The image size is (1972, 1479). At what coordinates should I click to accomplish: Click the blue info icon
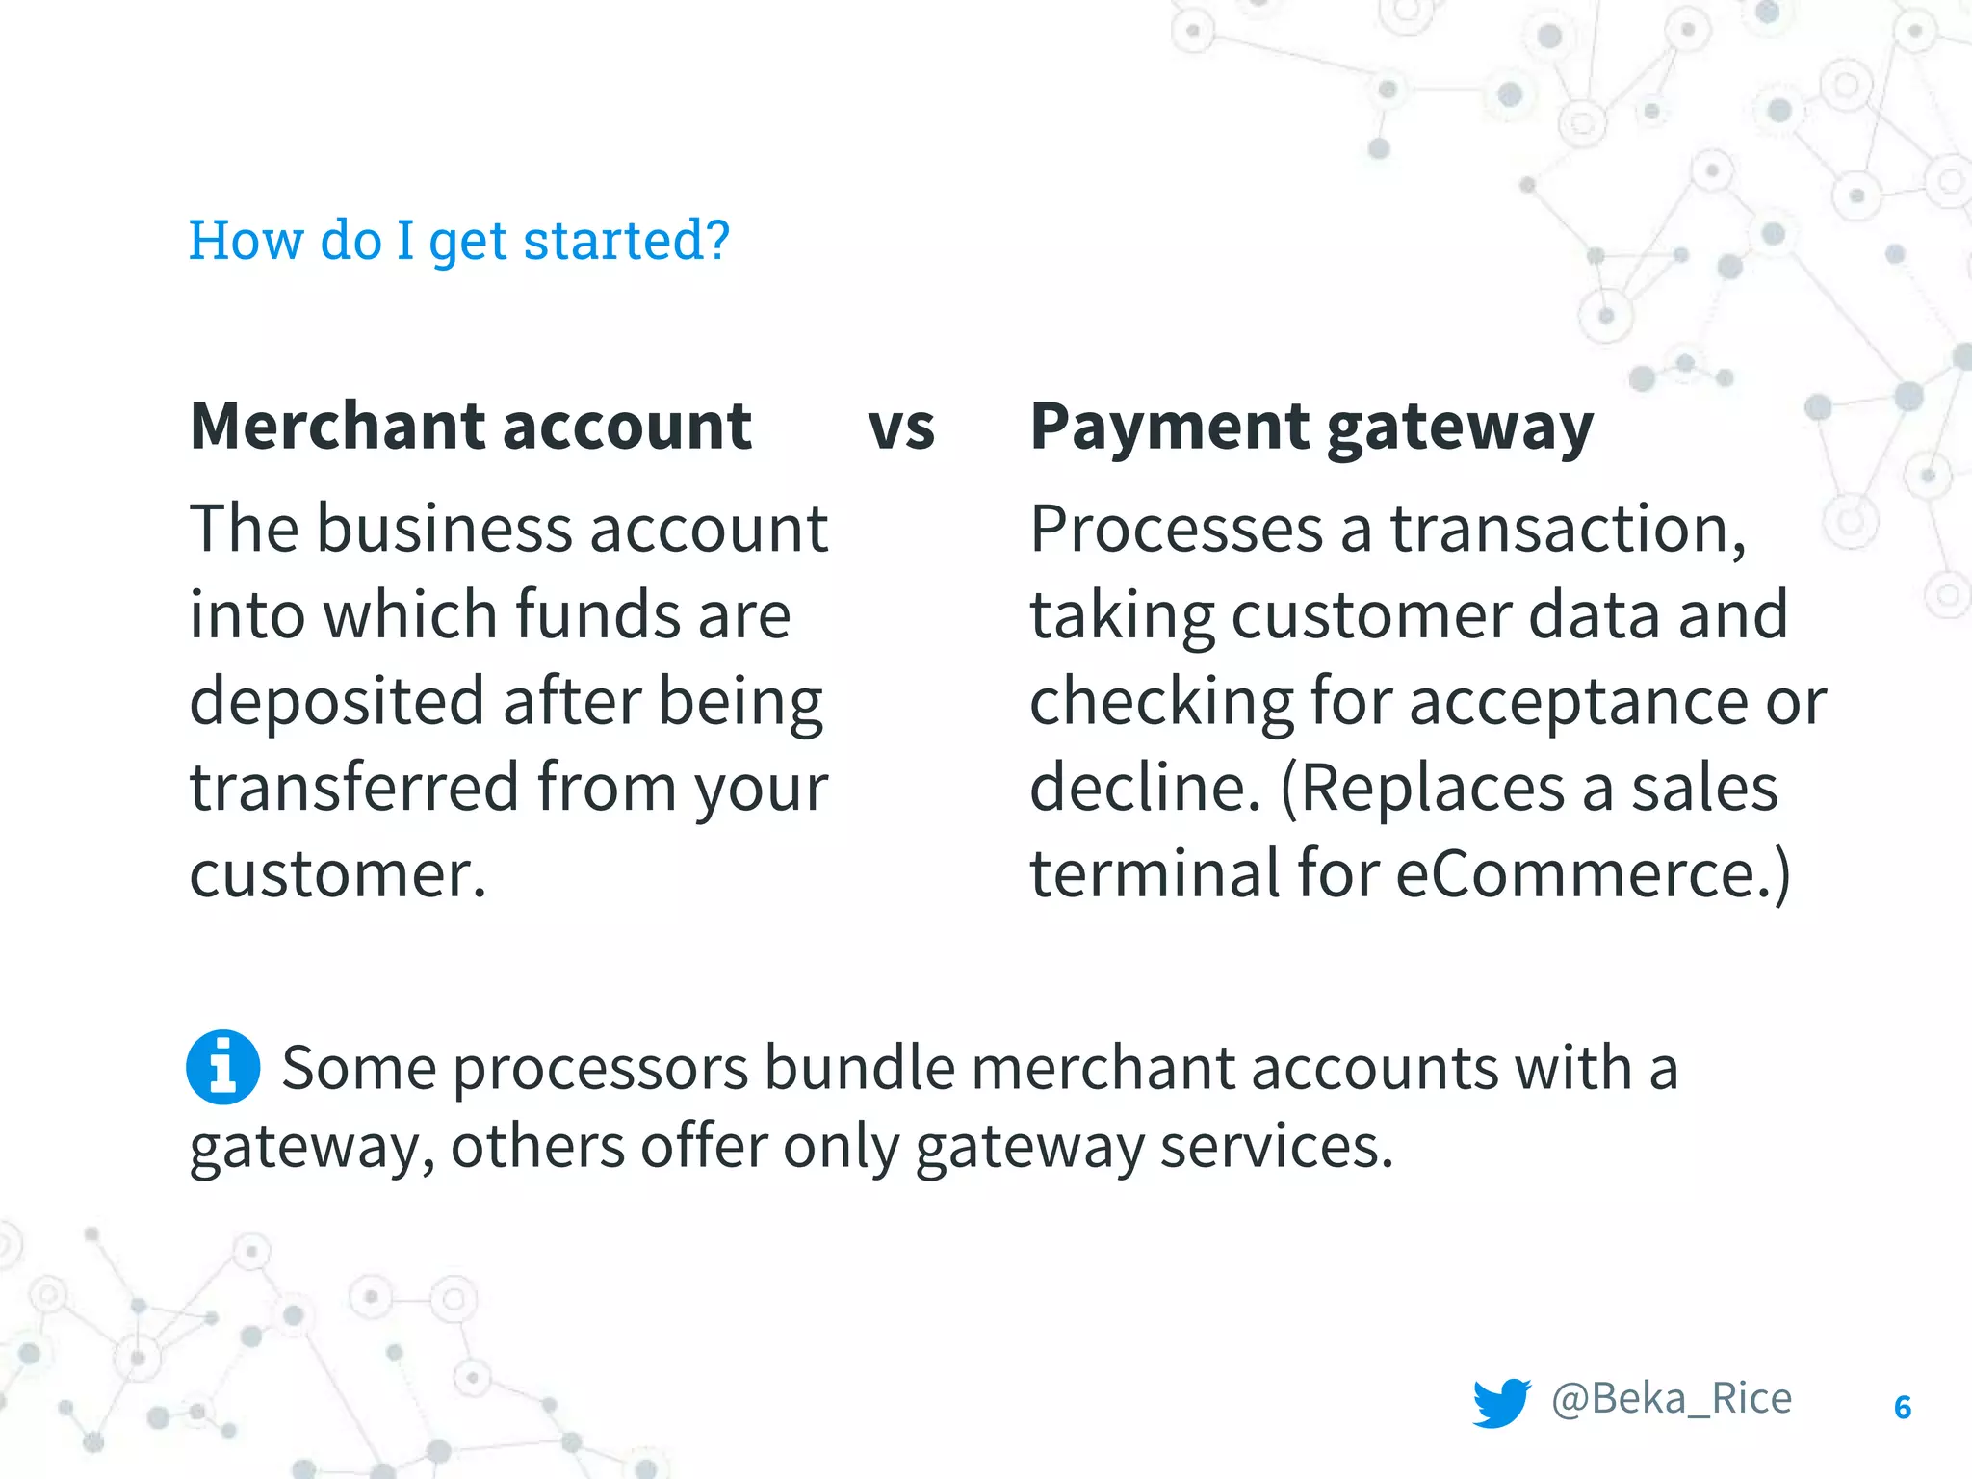222,1067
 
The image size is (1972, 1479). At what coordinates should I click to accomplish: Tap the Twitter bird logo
1501,1402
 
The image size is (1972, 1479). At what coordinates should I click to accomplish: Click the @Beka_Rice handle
1672,1398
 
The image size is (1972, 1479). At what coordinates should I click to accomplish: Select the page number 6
1903,1408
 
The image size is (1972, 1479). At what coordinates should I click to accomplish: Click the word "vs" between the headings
901,428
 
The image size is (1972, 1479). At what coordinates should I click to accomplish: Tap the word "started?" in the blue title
627,240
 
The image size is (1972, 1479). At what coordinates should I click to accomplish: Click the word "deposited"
336,701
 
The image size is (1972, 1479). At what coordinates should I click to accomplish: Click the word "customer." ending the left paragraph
338,874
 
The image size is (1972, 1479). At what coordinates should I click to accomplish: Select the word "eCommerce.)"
1593,873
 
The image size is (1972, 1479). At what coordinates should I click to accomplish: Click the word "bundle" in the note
859,1068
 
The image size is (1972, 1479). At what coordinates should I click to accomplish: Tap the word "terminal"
1155,873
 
